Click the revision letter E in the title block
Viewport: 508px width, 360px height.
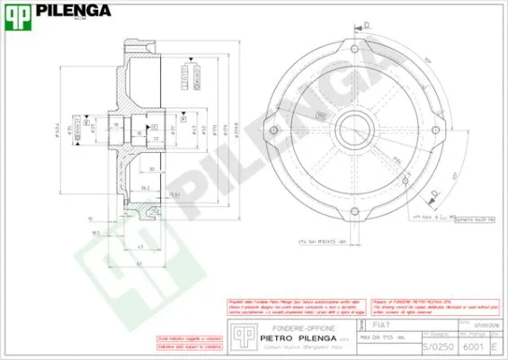coord(494,346)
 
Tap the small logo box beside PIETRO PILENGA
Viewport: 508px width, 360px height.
coord(240,333)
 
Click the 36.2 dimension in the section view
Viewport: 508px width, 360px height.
coord(145,188)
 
